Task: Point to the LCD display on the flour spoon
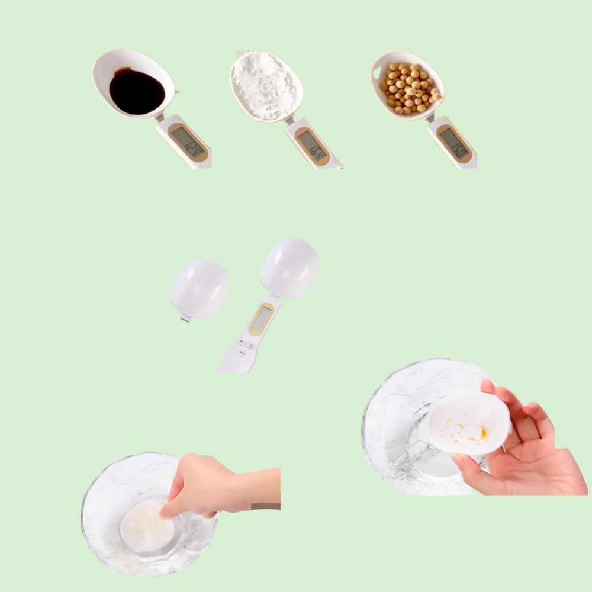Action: pos(312,145)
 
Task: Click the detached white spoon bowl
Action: pos(200,288)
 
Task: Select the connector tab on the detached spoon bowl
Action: pos(185,320)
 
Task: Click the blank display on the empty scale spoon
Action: pos(260,320)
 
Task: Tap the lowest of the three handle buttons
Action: pos(242,353)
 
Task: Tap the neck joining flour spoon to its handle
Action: pos(288,120)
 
